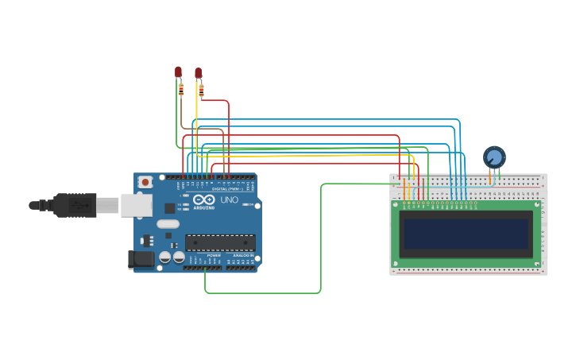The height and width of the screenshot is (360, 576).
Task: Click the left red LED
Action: coord(178,72)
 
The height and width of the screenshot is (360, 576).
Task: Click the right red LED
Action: coord(199,72)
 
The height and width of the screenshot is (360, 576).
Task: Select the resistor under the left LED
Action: coord(181,90)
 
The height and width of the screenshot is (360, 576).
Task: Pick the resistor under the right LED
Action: coord(201,91)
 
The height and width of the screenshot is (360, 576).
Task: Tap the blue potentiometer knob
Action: coord(494,157)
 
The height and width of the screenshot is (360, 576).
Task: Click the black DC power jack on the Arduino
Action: coord(141,259)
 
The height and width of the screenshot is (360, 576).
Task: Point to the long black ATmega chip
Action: coord(220,242)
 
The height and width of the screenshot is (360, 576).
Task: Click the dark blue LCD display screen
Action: coord(466,234)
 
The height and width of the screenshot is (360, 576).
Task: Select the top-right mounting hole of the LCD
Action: coord(537,204)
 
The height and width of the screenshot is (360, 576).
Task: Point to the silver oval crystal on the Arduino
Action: coord(168,224)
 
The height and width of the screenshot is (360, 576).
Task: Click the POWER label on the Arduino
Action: coord(214,255)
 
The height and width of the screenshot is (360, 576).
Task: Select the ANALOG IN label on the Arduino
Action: coord(242,255)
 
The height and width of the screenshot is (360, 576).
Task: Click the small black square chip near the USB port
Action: coord(169,208)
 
